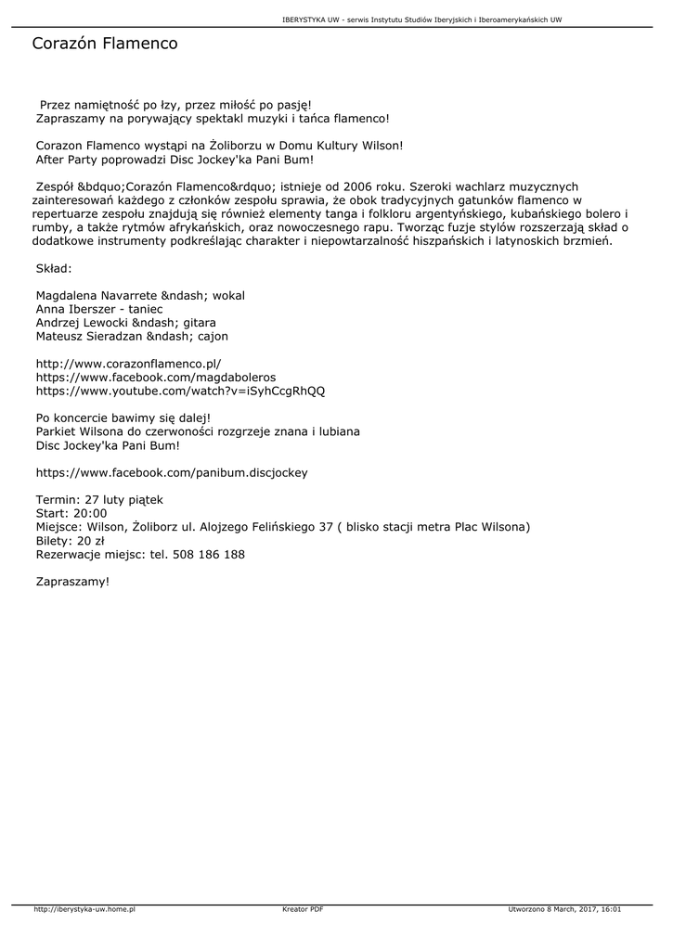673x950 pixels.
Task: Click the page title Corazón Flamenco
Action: pyautogui.click(x=104, y=44)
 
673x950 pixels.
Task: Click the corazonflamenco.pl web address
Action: pyautogui.click(x=128, y=365)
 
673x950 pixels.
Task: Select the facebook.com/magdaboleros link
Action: pyautogui.click(x=156, y=378)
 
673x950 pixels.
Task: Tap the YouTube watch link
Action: pyautogui.click(x=180, y=392)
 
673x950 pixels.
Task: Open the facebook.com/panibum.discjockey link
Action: pyautogui.click(x=172, y=472)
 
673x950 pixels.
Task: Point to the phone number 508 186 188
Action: pyautogui.click(x=209, y=554)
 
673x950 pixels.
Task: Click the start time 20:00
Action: pyautogui.click(x=90, y=513)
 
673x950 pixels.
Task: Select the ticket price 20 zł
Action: pyautogui.click(x=90, y=540)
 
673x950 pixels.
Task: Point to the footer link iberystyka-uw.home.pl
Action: pyautogui.click(x=84, y=909)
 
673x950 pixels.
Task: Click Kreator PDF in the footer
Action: pyautogui.click(x=303, y=909)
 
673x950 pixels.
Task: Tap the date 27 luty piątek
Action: pyautogui.click(x=124, y=499)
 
